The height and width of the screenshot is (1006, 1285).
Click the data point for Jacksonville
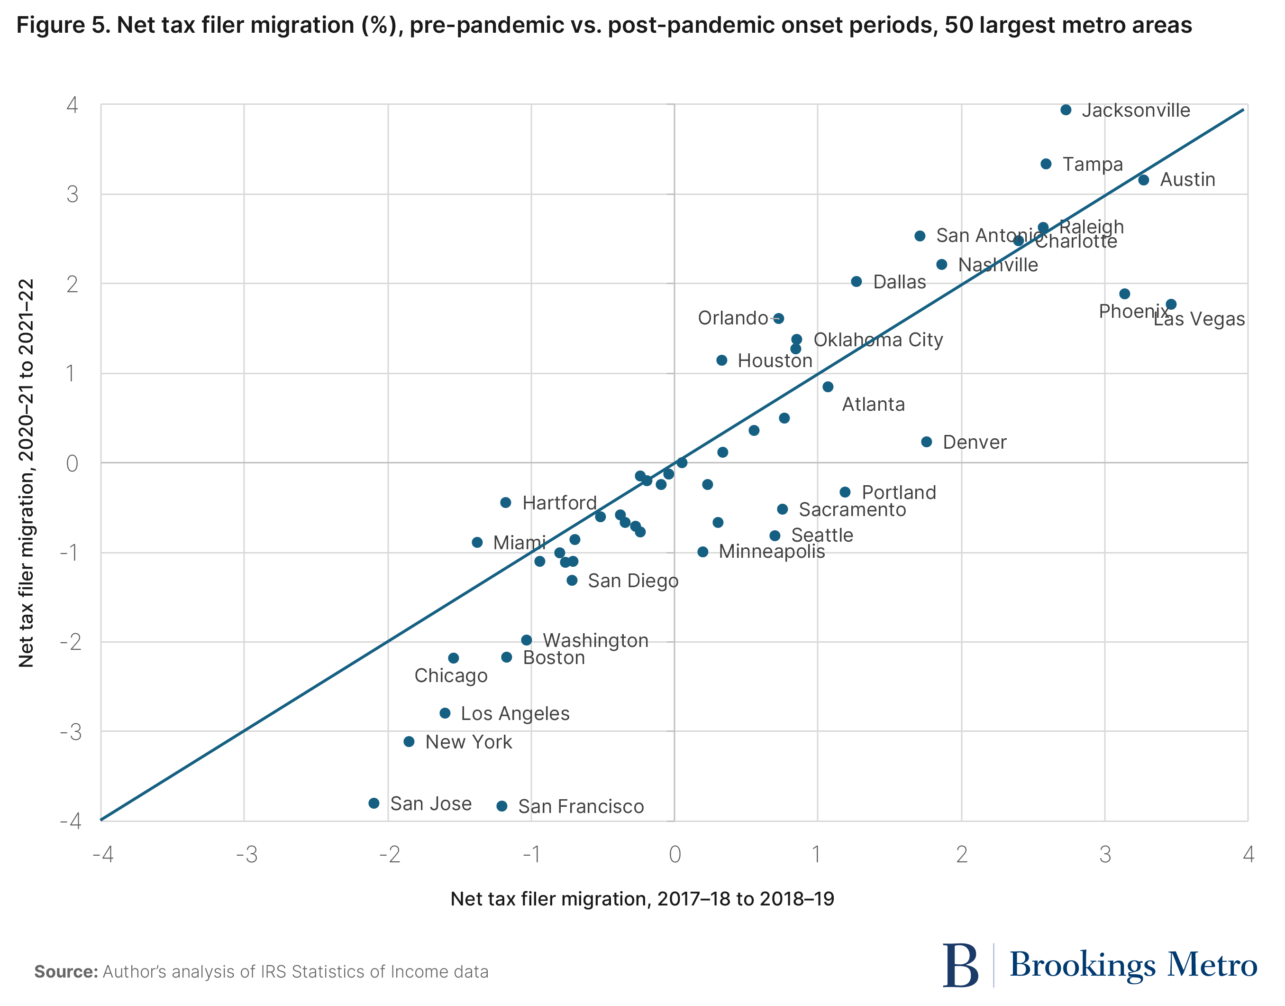pos(1066,110)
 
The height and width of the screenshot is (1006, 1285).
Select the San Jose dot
pos(374,803)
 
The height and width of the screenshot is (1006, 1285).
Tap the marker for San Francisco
pos(501,806)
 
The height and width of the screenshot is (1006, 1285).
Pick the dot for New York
pos(409,741)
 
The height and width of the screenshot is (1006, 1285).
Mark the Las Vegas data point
pos(1171,305)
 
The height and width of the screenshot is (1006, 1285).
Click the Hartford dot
pos(506,502)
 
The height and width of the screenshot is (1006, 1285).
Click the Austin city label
pos(1187,180)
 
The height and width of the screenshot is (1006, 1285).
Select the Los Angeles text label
pos(515,713)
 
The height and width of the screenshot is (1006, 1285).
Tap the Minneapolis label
pos(772,552)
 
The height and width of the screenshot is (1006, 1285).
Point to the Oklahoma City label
pos(878,340)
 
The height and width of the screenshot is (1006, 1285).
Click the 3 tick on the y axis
pos(73,194)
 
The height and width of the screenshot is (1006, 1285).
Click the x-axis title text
pos(642,899)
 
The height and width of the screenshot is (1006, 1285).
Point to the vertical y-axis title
pos(27,472)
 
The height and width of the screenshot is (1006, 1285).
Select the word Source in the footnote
pos(66,972)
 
